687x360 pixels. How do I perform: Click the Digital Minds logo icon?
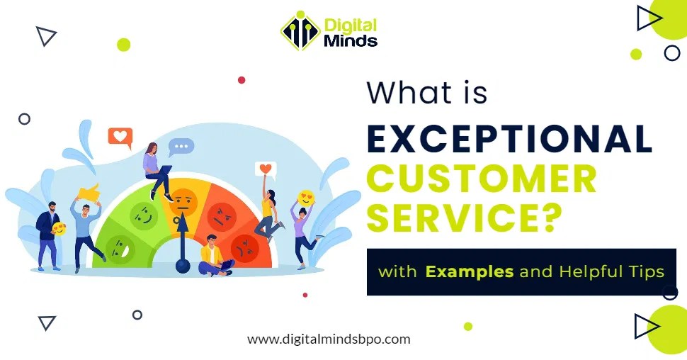tap(300, 31)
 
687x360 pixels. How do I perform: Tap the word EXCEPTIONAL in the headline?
tap(509, 139)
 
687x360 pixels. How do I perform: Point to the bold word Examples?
tap(469, 271)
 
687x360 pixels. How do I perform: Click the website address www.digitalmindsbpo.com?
tap(329, 339)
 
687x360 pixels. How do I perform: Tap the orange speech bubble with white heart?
tap(120, 136)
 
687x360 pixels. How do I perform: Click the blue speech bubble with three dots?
tap(181, 147)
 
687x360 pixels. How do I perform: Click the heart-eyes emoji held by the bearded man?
tap(59, 229)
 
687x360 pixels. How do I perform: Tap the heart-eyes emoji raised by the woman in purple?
tap(306, 198)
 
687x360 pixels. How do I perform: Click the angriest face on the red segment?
tap(246, 247)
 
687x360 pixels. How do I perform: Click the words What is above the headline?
tap(426, 93)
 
